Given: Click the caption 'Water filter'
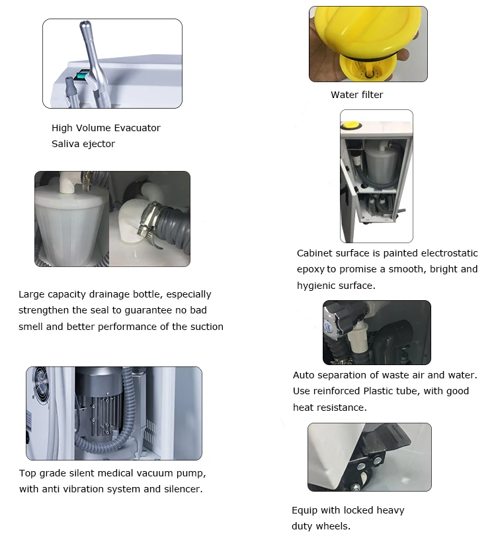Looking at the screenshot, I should point(356,95).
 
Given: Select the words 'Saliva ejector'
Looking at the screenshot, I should point(83,144).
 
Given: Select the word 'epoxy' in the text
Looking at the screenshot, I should point(310,269).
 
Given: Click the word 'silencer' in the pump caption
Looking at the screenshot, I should point(181,489).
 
